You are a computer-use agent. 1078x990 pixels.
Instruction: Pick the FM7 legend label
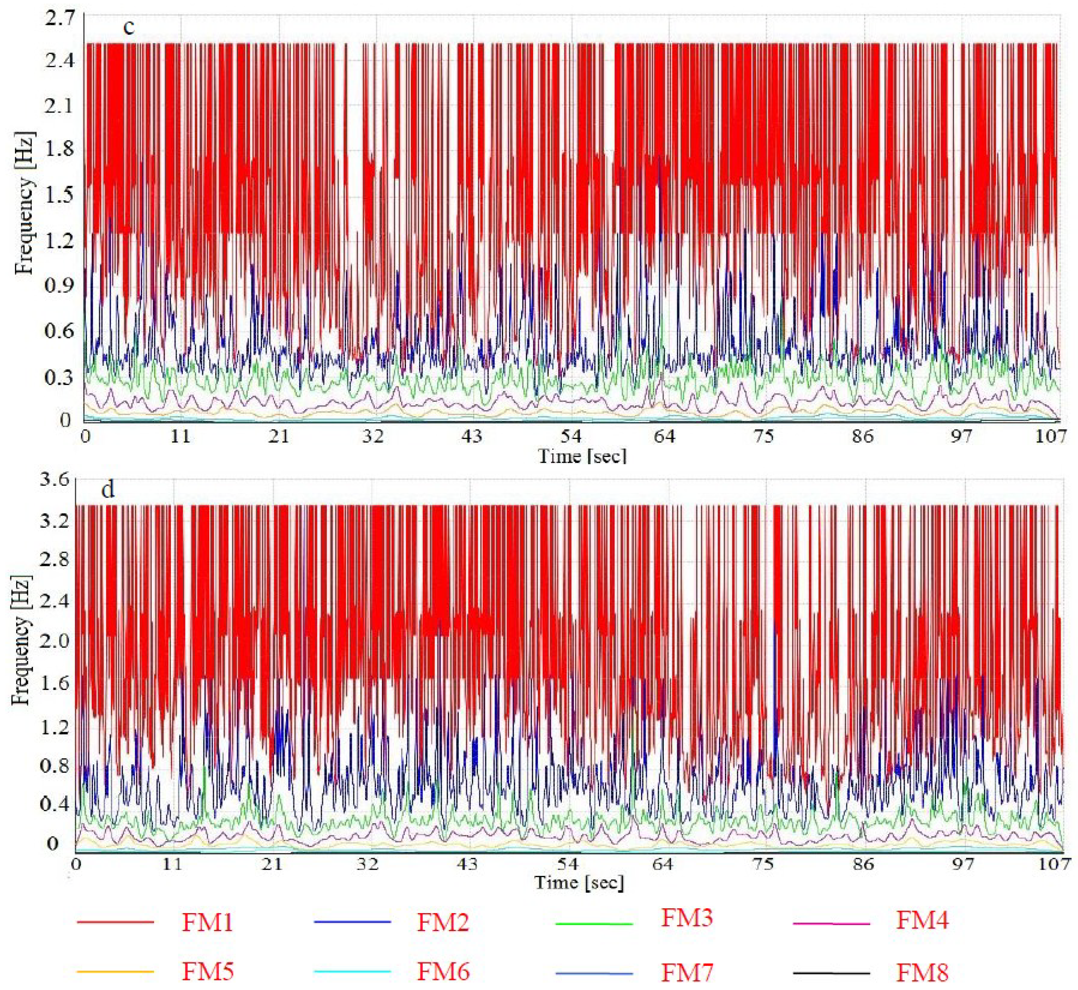pos(687,972)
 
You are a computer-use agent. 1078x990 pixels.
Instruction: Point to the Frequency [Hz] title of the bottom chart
pos(21,640)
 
